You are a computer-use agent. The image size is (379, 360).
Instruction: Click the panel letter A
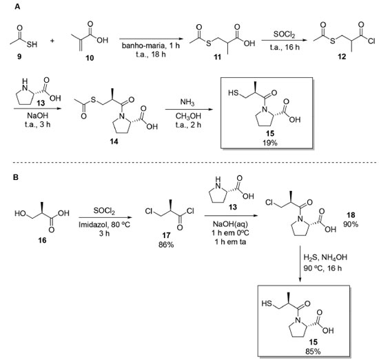[17, 7]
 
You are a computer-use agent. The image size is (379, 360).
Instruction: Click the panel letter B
[16, 177]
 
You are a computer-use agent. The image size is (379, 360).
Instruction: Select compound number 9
[19, 57]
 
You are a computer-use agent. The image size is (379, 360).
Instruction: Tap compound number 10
[90, 58]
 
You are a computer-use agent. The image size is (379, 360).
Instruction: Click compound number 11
[217, 57]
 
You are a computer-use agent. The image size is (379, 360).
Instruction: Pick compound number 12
[342, 57]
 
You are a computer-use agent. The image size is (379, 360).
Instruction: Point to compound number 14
[114, 141]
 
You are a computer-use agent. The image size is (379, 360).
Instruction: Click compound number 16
[42, 240]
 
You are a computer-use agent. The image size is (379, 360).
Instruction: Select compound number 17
[166, 235]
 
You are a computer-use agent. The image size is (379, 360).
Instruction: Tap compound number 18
[351, 215]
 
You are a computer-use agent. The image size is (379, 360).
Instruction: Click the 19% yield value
[270, 143]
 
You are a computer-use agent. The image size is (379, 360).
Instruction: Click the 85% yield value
[313, 351]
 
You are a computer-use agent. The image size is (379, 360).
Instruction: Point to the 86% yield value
[166, 245]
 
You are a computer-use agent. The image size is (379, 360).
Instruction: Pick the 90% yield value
[351, 224]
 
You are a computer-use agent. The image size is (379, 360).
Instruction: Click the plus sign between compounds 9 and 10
[52, 41]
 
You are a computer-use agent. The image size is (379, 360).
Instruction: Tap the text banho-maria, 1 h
[151, 46]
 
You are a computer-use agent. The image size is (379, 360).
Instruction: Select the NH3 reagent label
[187, 102]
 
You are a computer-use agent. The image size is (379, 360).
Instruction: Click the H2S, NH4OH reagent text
[325, 257]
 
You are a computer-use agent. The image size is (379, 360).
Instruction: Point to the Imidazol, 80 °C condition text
[105, 225]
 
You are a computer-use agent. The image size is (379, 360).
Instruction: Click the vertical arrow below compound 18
[300, 264]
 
